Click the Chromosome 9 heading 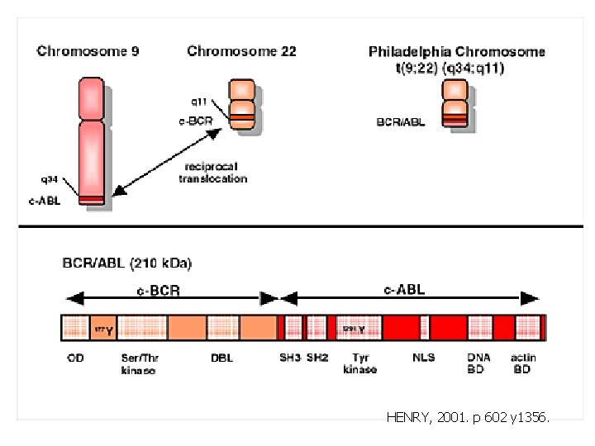coord(88,51)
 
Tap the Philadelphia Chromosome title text coord(457,51)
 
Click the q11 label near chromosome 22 coord(199,102)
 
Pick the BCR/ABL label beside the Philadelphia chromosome coord(402,121)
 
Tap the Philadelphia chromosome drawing coord(455,102)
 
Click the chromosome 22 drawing coord(243,104)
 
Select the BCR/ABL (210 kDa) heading coord(127,263)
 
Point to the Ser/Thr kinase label coord(139,363)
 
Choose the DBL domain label coord(221,358)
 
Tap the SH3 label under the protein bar coord(289,358)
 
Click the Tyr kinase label coord(359,363)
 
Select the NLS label coord(424,358)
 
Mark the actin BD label coord(521,363)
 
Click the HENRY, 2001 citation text coord(467,419)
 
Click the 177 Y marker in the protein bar coord(103,330)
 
